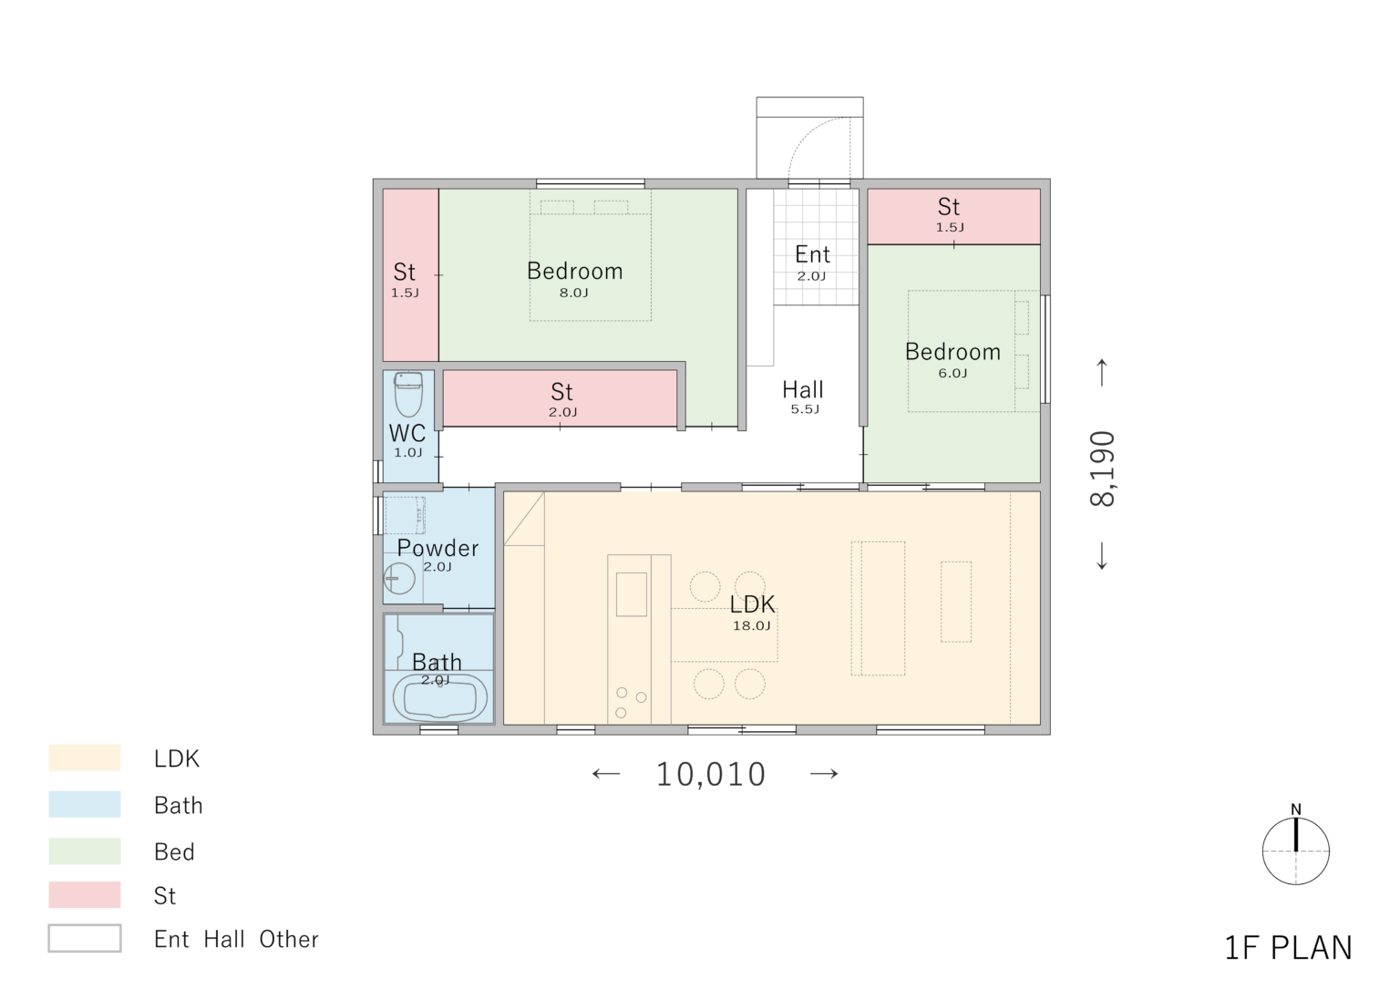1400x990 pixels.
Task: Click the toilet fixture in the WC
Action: point(408,395)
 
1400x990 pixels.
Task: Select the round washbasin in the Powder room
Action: point(398,578)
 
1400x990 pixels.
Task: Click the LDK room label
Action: point(753,603)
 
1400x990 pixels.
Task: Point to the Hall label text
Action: point(803,390)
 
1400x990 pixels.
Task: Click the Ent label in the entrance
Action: point(812,254)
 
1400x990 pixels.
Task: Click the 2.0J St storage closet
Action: point(560,398)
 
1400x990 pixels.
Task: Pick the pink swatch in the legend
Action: point(85,894)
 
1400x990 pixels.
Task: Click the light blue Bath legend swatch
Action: point(85,804)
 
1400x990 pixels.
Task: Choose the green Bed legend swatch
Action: point(85,851)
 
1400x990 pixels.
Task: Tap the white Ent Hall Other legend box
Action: point(85,938)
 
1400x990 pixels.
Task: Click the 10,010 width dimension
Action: point(711,775)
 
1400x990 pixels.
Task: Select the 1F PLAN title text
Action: point(1288,948)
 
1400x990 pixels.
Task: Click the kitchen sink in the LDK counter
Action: point(632,594)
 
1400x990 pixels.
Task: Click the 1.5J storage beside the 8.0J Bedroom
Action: point(411,275)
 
